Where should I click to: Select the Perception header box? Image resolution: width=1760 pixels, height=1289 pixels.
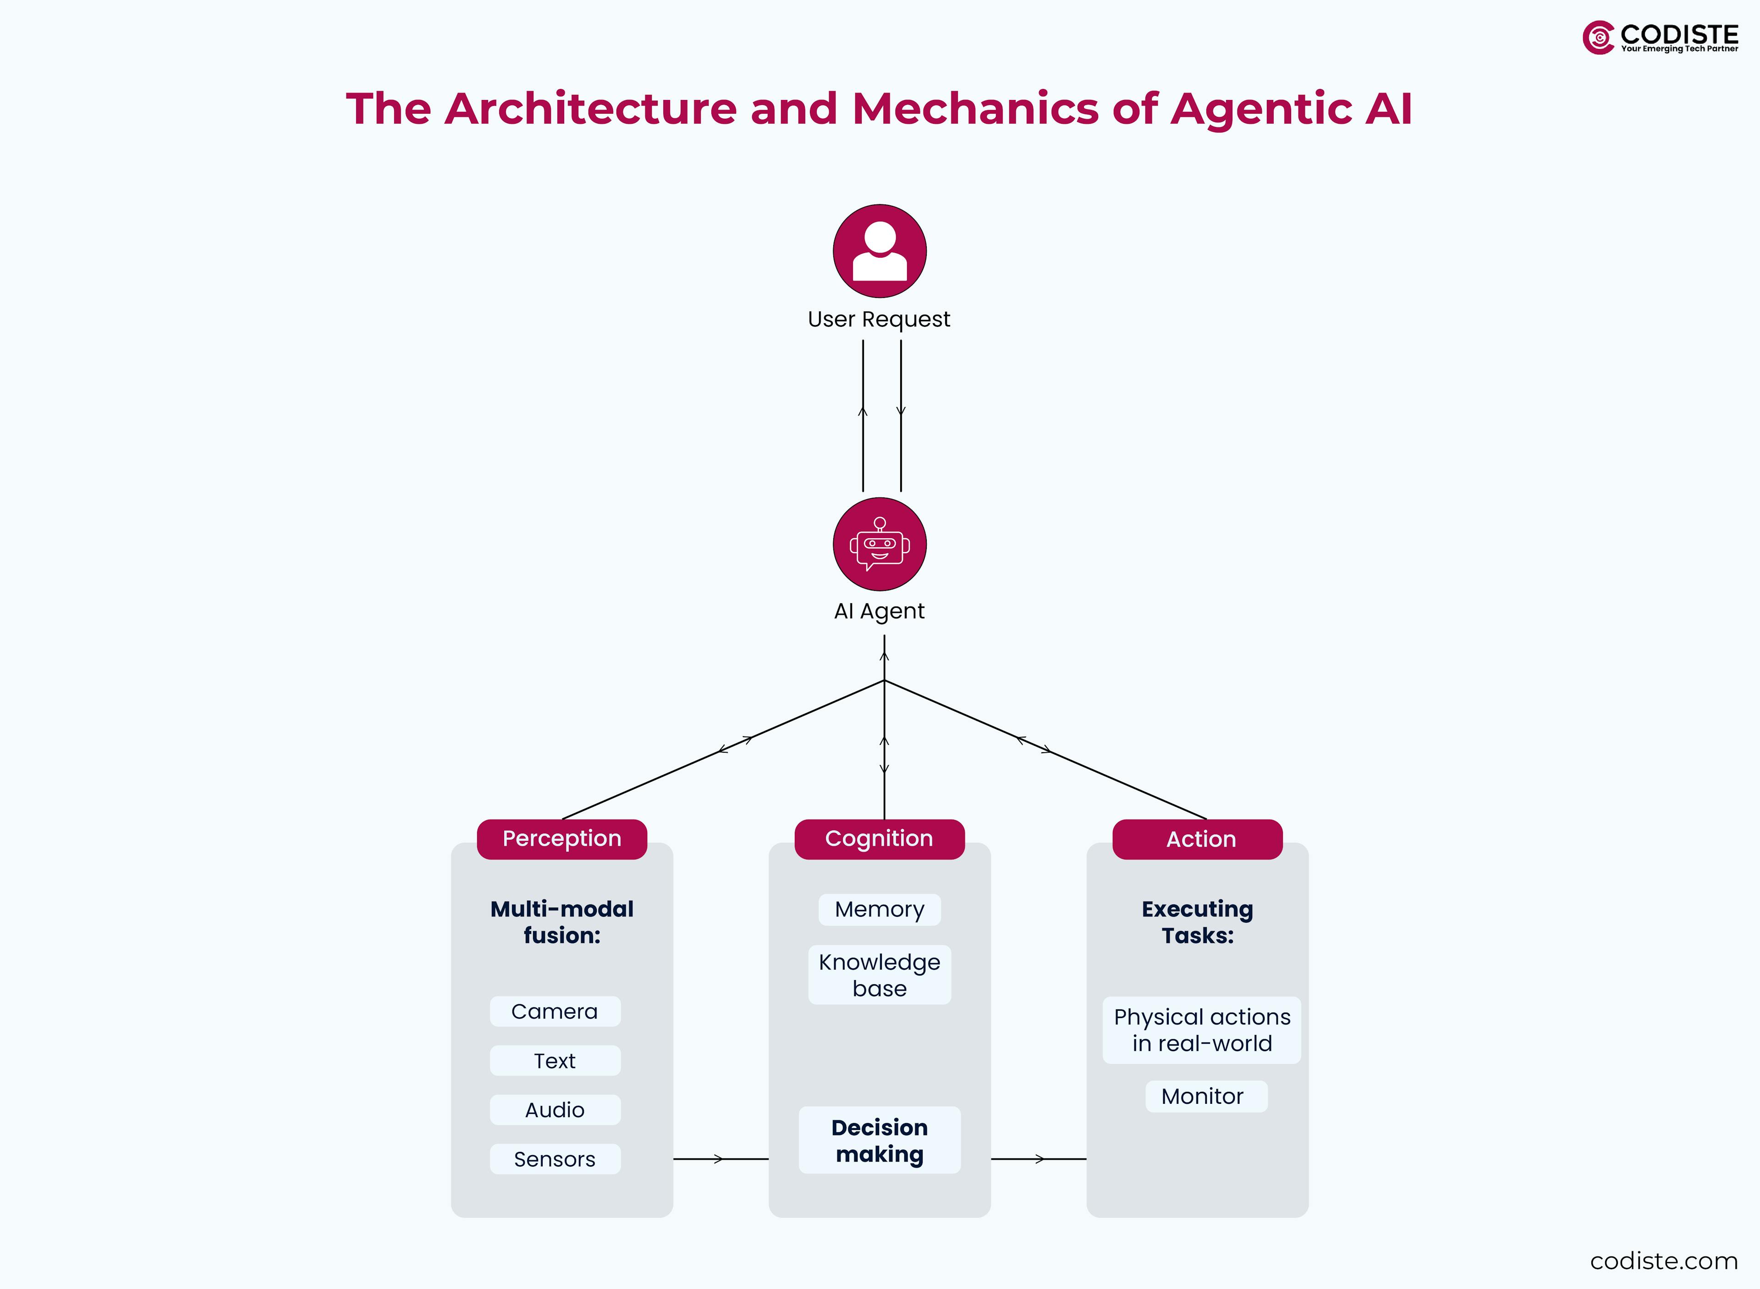[562, 839]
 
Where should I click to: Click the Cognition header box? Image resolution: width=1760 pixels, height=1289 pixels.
[879, 839]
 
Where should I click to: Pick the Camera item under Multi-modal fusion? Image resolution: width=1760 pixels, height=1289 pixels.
[555, 1011]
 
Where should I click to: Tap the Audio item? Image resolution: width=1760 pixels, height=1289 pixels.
[555, 1109]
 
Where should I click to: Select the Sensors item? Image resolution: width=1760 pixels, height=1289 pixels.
[555, 1159]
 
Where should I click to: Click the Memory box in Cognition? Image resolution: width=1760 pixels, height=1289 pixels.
[879, 910]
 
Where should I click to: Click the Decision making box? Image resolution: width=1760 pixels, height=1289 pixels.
[879, 1140]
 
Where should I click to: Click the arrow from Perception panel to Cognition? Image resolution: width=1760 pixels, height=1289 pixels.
[719, 1159]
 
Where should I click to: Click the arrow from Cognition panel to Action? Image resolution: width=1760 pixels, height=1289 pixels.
[1039, 1159]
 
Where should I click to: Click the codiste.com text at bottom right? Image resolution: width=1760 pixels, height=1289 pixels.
[1663, 1261]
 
